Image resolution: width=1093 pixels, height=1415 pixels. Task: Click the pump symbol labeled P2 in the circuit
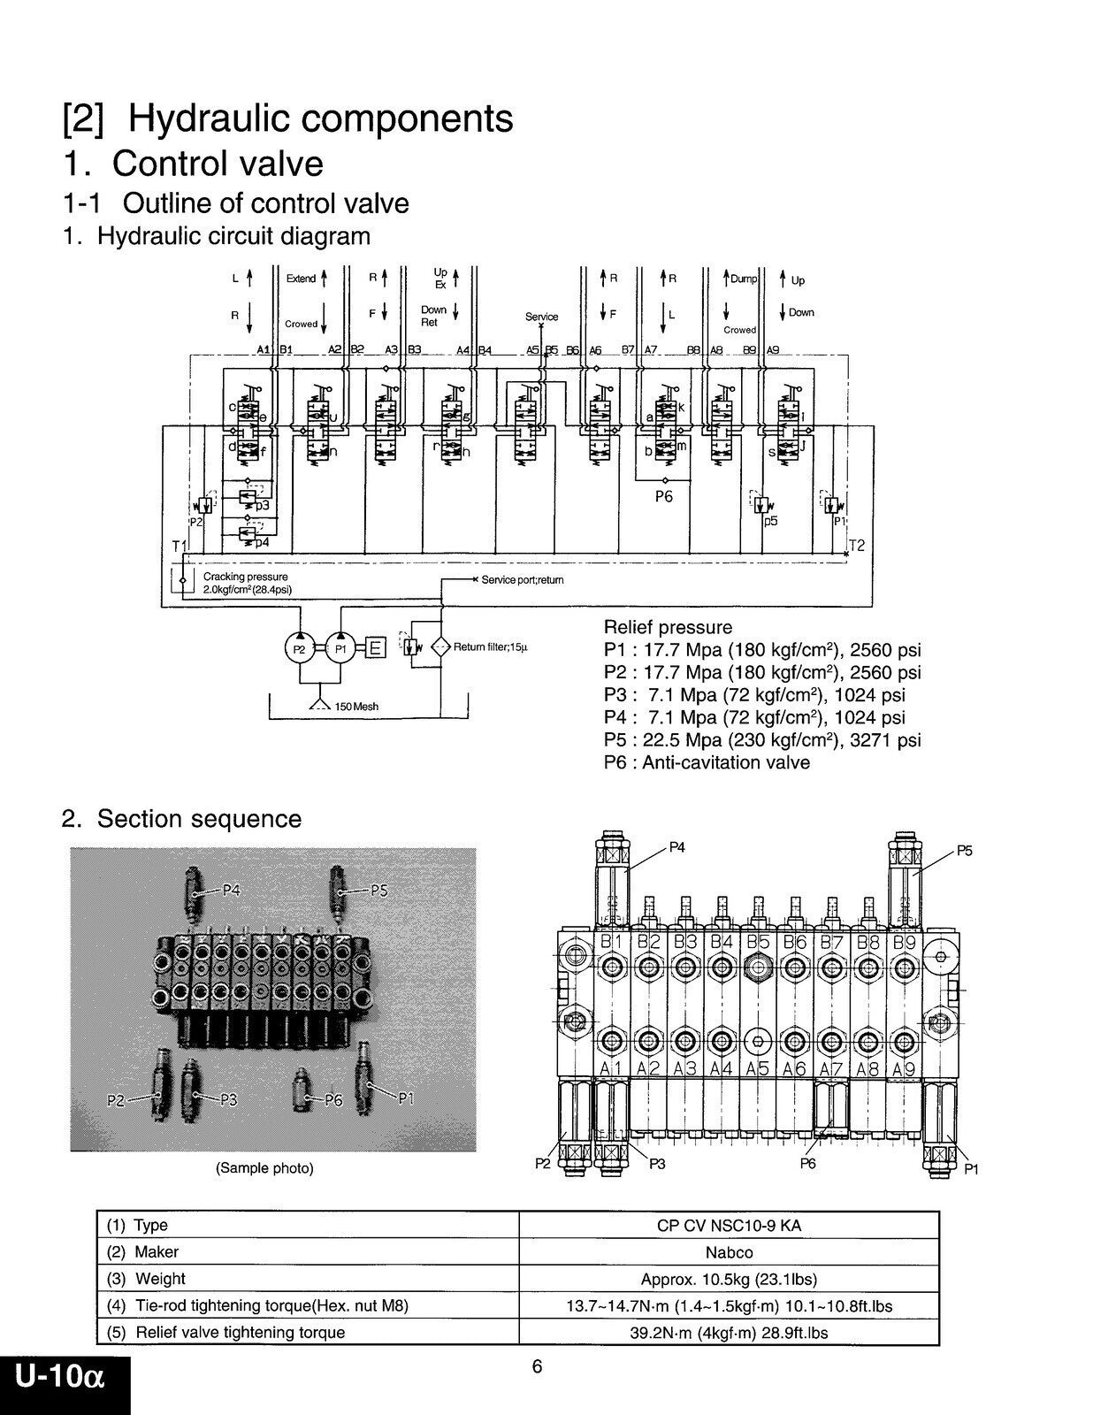299,648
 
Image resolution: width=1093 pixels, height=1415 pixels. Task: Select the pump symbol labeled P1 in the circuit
340,648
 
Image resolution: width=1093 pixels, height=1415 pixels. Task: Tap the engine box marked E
375,648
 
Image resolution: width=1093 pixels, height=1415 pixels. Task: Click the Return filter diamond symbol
440,646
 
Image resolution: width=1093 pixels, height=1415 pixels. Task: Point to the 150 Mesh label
356,706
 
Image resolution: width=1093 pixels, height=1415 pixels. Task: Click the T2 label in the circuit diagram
856,545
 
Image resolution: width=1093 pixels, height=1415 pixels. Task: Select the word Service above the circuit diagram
541,317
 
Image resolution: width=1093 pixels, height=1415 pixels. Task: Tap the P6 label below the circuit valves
663,496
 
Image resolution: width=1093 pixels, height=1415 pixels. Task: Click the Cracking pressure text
246,577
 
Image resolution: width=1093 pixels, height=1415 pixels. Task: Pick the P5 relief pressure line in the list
762,739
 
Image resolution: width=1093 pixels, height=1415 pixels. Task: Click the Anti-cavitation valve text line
707,762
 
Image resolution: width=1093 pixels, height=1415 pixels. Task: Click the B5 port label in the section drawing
758,942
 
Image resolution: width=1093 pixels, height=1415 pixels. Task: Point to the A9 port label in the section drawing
902,1069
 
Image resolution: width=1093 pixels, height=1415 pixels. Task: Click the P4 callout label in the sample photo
230,891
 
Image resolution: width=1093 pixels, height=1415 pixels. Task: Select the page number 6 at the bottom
537,1366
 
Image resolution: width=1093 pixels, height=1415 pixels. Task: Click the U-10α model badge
60,1377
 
